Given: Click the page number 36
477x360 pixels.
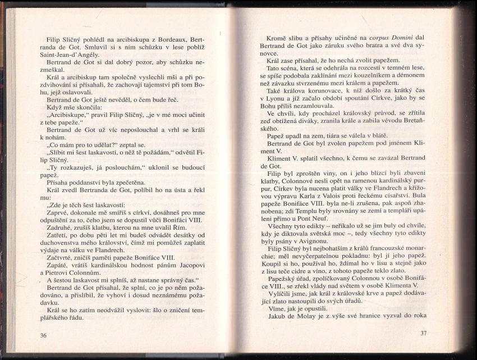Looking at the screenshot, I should click(x=44, y=335).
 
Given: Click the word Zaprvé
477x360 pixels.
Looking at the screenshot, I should click(x=59, y=213).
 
